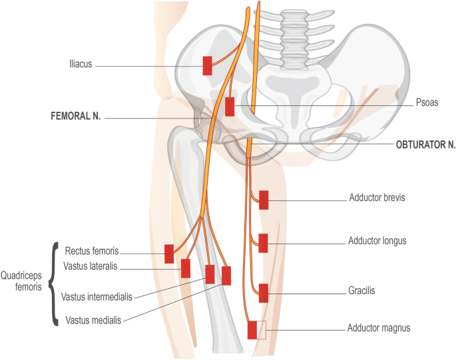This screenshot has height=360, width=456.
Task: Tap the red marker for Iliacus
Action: click(207, 66)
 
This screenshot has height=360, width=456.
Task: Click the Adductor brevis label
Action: click(377, 198)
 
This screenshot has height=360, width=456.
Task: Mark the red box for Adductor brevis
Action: click(264, 200)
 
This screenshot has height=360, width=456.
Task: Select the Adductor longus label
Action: click(377, 240)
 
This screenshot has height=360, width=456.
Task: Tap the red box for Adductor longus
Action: click(264, 244)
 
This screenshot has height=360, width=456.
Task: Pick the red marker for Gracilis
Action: click(264, 293)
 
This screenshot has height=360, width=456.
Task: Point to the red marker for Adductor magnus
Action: click(252, 330)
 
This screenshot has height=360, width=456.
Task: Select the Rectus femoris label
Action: click(92, 252)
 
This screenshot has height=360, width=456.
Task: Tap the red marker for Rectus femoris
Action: click(169, 254)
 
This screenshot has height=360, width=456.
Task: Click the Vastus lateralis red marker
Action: click(186, 268)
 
